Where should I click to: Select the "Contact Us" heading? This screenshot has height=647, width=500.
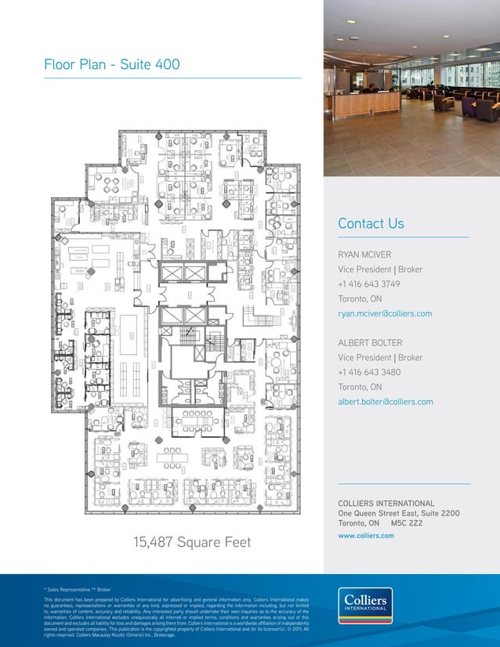coord(371,224)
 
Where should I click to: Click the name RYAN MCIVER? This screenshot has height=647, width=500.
coord(364,255)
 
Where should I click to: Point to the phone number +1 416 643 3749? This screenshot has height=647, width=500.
coord(369,284)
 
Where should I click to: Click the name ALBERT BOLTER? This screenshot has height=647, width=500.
coord(370,343)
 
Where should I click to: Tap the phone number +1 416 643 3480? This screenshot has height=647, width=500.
coord(369,372)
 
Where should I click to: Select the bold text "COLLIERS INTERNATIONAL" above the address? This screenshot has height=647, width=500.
coord(386,503)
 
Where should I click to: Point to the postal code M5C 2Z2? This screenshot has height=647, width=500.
coord(408,522)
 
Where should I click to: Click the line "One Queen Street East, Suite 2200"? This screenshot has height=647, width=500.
coord(398,513)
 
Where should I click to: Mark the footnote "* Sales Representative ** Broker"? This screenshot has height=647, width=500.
coord(79,586)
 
